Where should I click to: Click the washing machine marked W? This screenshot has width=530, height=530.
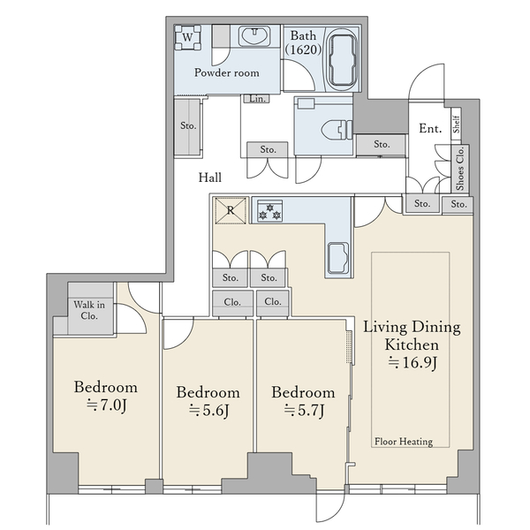187,37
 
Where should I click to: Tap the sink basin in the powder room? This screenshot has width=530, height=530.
254,36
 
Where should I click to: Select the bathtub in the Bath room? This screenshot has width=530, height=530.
343,60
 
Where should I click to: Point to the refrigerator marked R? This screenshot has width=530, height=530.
231,210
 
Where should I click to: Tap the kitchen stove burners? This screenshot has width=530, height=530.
269,211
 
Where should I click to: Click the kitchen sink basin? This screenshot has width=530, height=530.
338,259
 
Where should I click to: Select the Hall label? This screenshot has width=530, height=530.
210,178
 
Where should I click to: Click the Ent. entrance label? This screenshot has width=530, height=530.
430,128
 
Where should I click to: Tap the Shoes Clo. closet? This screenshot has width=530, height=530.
460,169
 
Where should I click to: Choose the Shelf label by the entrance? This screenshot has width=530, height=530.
457,124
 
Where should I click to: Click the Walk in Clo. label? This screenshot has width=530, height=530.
89,310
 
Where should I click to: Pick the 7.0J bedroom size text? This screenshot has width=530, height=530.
106,405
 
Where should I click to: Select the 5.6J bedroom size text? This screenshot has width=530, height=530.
208,411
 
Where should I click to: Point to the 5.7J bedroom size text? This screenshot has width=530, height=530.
304,411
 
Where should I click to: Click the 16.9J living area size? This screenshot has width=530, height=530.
413,363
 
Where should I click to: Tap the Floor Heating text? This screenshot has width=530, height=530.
404,442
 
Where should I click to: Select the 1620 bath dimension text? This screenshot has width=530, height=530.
303,50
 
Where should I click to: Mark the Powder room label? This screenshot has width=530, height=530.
227,72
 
